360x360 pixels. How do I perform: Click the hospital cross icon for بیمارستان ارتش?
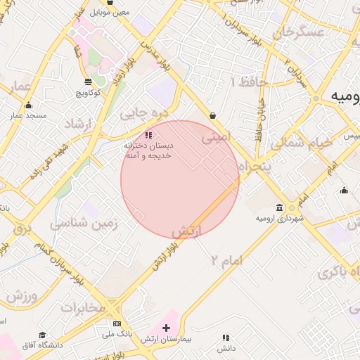166,328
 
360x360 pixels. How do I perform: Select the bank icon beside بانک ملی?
117,323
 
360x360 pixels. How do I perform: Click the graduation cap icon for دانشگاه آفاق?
42,335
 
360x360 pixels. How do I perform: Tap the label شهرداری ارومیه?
280,219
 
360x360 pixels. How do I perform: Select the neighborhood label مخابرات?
82,307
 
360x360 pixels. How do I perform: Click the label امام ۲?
226,260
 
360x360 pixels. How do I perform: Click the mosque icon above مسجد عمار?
29,105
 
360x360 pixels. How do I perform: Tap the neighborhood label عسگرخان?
300,32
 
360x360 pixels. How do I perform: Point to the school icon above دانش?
225,338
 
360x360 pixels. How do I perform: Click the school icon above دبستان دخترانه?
147,134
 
